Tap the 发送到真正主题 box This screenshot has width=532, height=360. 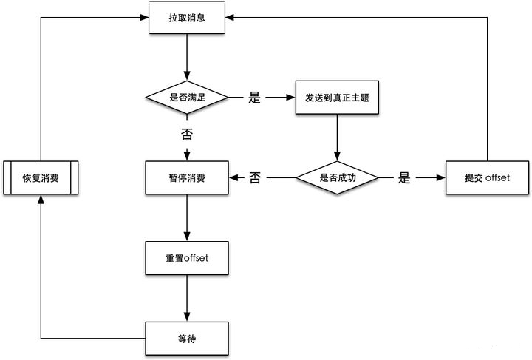pos(338,98)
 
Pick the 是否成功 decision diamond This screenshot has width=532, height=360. pos(338,177)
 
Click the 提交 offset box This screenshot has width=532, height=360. pos(488,177)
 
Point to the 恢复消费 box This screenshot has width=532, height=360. pos(41,177)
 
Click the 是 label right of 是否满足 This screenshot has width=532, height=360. pos(255,98)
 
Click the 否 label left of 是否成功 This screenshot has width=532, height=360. pos(255,177)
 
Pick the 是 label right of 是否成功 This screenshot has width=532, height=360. pos(404,177)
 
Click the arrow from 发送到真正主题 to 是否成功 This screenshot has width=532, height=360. pos(338,137)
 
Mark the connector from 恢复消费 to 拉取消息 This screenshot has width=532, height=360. pos(41,74)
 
